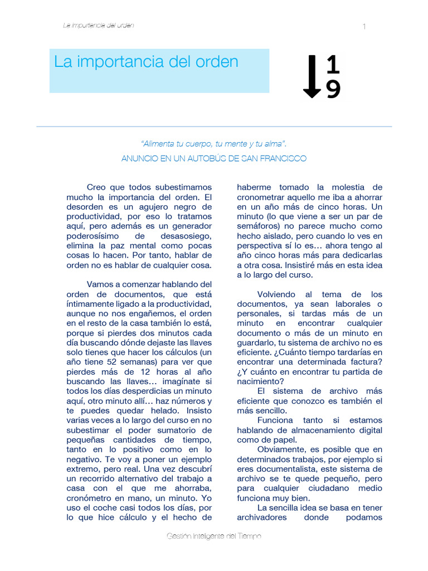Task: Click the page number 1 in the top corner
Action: [364, 27]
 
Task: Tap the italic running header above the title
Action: [99, 25]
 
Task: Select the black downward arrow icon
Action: [312, 77]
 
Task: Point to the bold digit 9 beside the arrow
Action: [333, 89]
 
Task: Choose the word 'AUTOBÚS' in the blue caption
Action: [215, 158]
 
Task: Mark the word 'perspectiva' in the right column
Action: [260, 245]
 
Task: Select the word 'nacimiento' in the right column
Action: [260, 381]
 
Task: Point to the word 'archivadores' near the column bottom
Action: [262, 517]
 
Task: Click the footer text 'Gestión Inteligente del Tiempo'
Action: [213, 536]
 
